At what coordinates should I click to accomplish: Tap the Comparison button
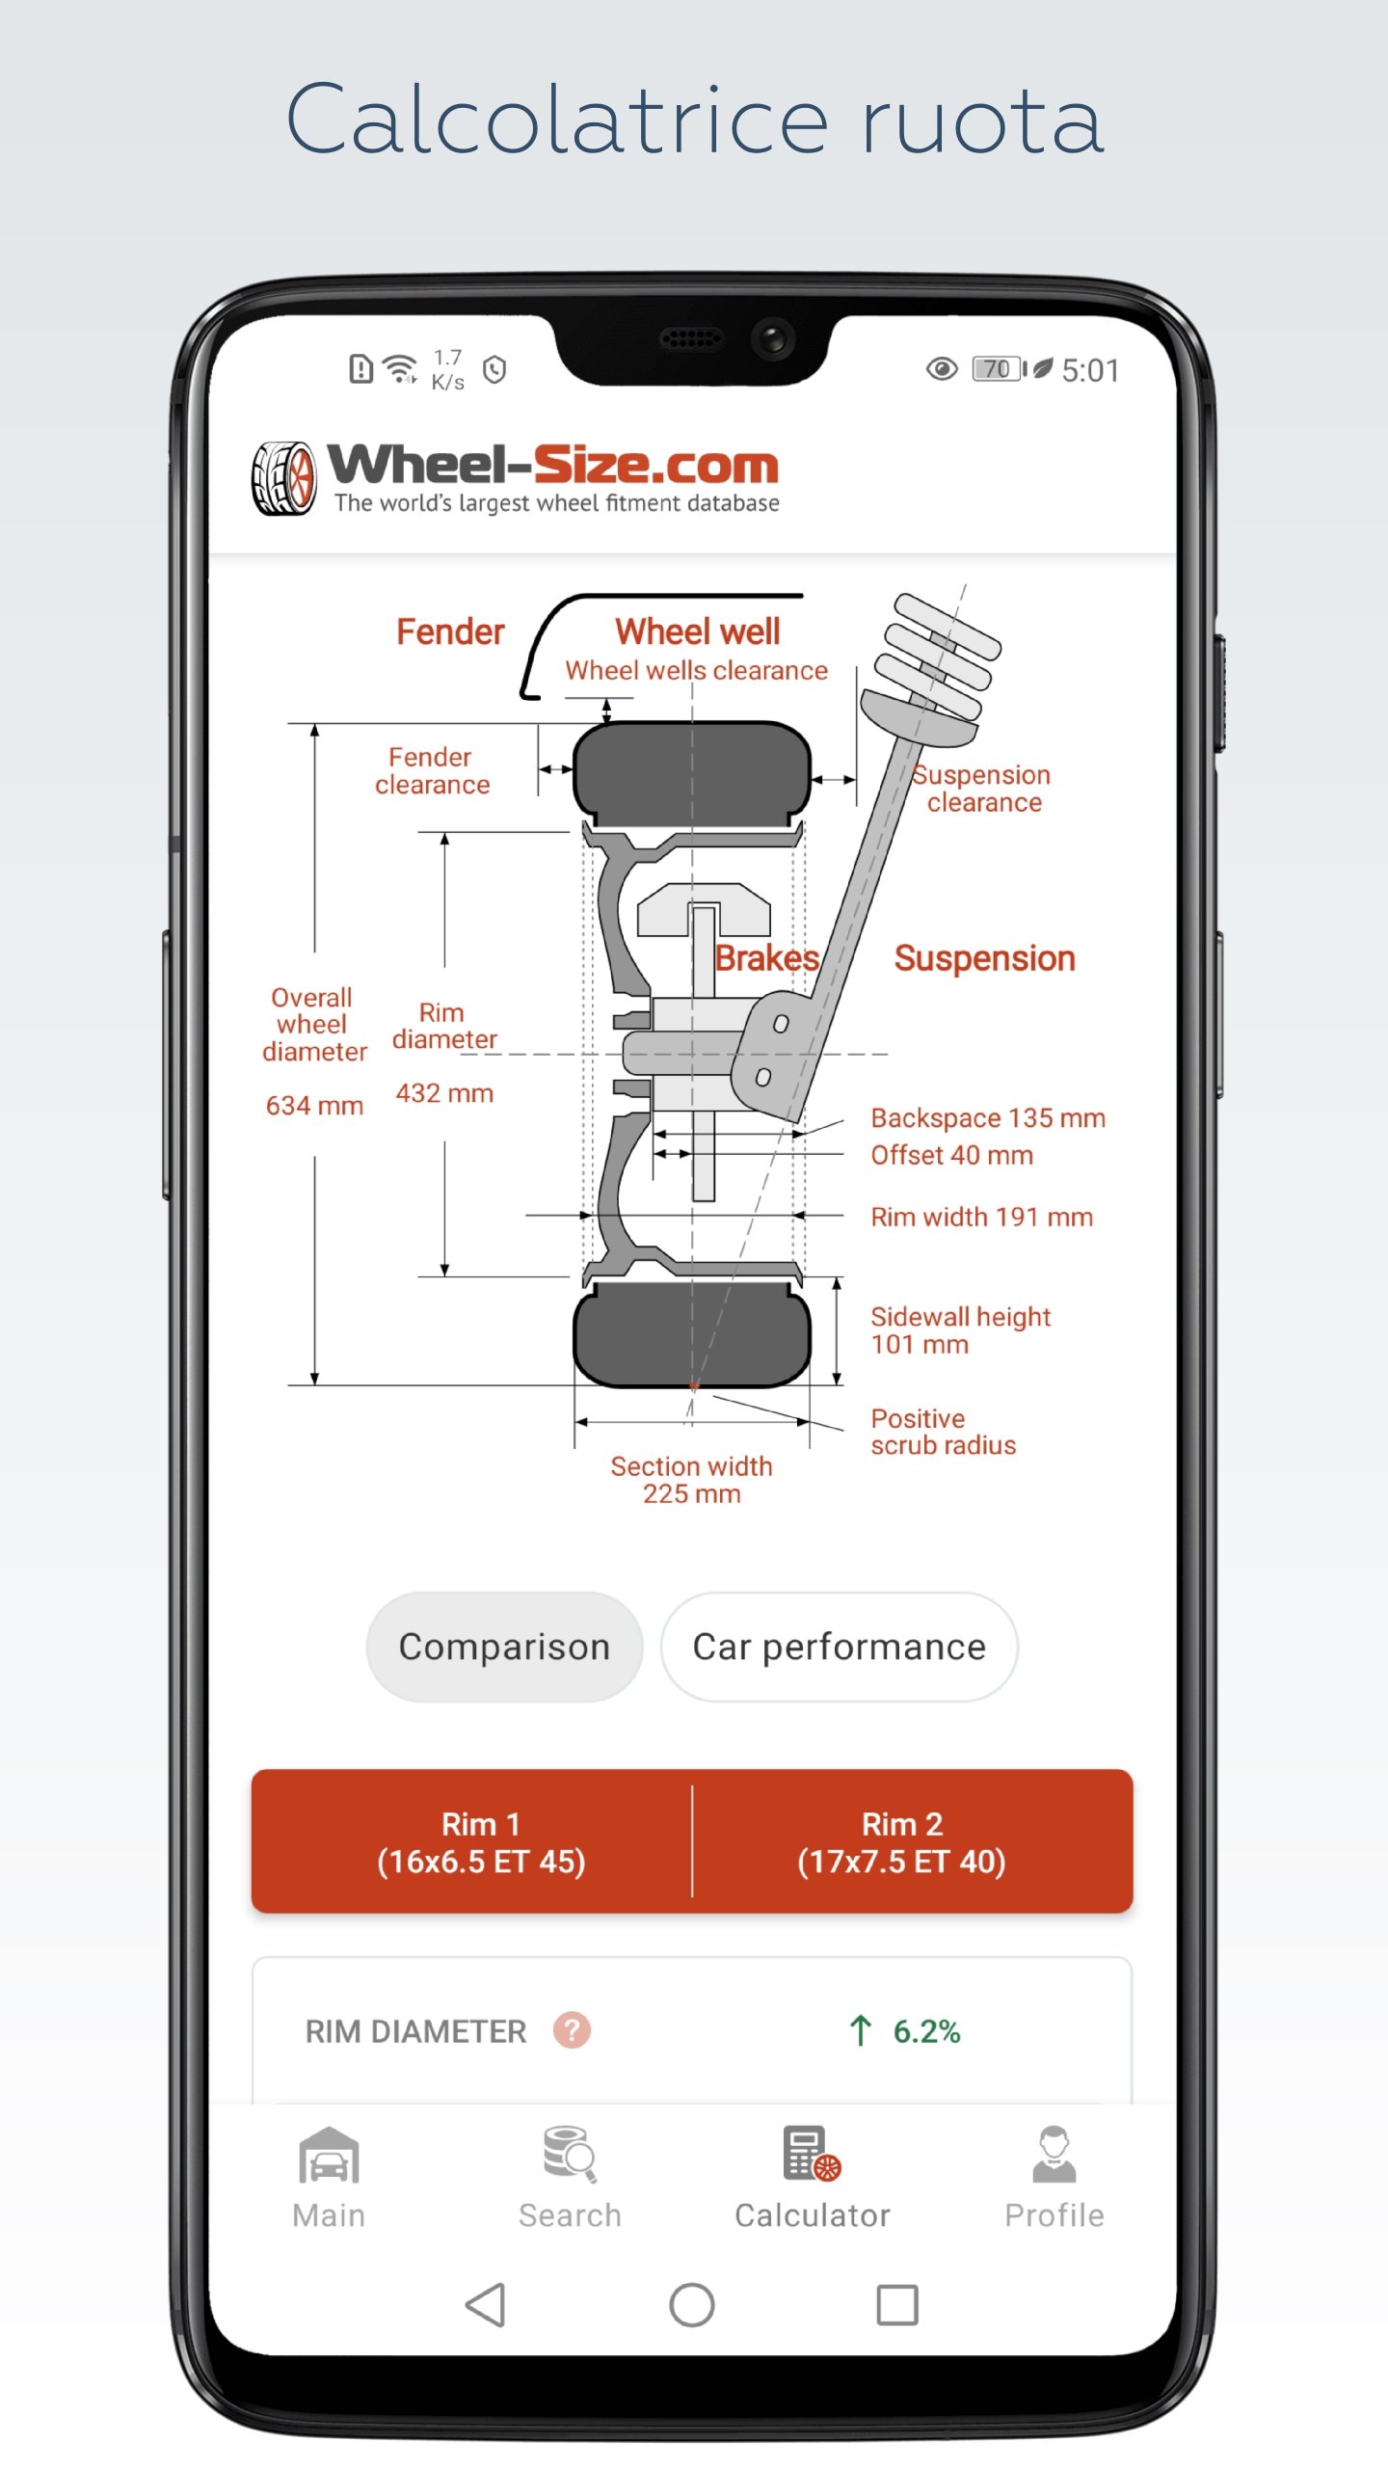(504, 1647)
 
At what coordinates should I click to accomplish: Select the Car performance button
(839, 1647)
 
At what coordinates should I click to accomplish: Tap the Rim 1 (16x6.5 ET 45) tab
(481, 1841)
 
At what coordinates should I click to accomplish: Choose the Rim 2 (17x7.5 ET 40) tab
(902, 1841)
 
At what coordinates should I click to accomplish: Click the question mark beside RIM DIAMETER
(572, 2030)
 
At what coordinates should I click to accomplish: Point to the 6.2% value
(926, 2031)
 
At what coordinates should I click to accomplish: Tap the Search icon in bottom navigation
(570, 2156)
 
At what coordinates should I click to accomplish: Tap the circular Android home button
(692, 2306)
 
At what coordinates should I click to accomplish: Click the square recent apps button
(896, 2306)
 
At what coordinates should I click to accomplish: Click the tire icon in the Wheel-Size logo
(284, 478)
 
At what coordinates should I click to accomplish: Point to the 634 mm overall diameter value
(314, 1106)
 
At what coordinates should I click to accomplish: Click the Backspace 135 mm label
(987, 1118)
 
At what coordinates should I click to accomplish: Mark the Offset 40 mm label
(951, 1155)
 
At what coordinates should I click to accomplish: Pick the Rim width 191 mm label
(981, 1217)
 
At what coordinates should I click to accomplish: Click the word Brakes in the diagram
(766, 958)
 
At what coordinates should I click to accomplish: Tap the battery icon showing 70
(999, 369)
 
